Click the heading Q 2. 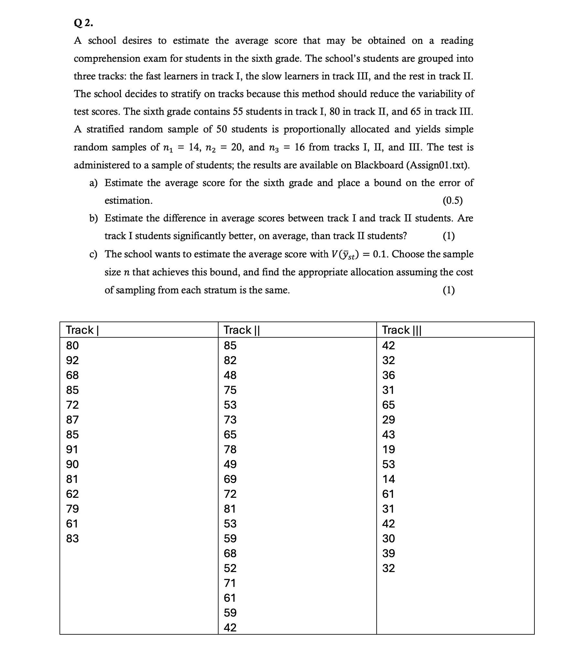coord(83,23)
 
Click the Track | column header coord(82,330)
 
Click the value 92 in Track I coord(72,360)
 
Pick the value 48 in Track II coord(230,375)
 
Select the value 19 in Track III coord(388,449)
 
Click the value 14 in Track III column coord(388,479)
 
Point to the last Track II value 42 coord(230,628)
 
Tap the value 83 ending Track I coord(72,538)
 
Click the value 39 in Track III coord(388,553)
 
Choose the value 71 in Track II coord(230,583)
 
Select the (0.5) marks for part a coord(452,201)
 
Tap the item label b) coord(93,219)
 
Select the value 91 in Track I coord(72,449)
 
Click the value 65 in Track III coord(388,405)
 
